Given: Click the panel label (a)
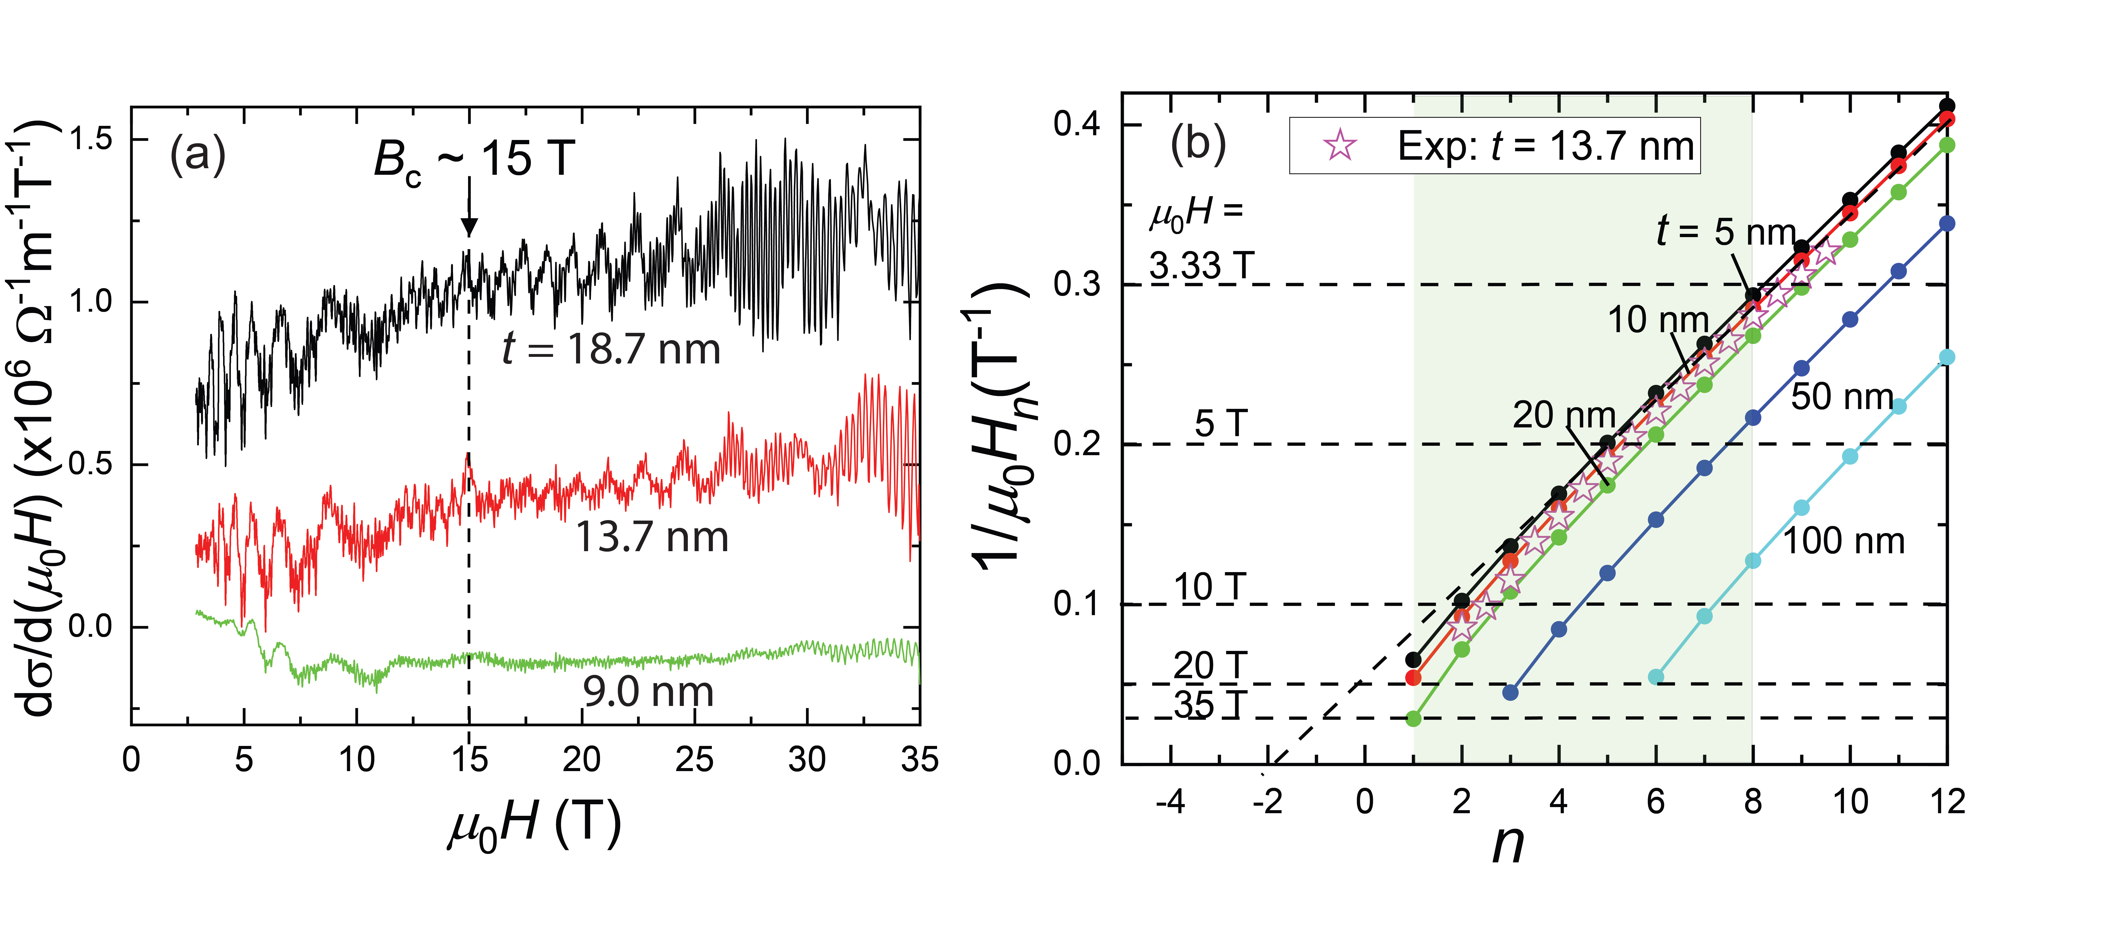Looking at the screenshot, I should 197,155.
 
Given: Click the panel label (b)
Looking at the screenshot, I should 1198,144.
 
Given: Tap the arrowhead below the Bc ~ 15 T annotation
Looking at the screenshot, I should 469,227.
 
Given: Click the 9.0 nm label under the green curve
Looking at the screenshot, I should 648,692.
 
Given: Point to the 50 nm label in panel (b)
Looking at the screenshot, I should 1842,396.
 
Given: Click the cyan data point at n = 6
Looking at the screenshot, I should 1656,677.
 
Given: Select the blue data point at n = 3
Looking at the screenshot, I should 1510,693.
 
